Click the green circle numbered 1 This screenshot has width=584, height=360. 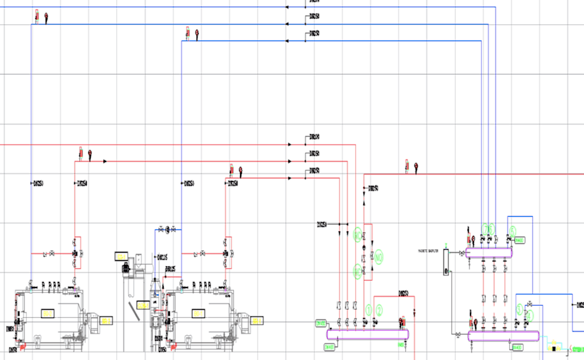(x=368, y=310)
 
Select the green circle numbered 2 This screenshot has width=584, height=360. (x=379, y=310)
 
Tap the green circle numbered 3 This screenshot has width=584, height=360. (x=519, y=308)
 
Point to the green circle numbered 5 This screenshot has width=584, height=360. (x=512, y=231)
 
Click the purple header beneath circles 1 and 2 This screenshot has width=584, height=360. (x=368, y=334)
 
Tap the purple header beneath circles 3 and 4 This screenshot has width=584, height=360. (x=504, y=336)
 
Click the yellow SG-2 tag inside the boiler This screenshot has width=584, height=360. (x=198, y=313)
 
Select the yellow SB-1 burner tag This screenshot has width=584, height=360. (x=106, y=321)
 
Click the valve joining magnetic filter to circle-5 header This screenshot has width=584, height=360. (x=461, y=253)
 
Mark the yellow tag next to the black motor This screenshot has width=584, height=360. (x=121, y=255)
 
